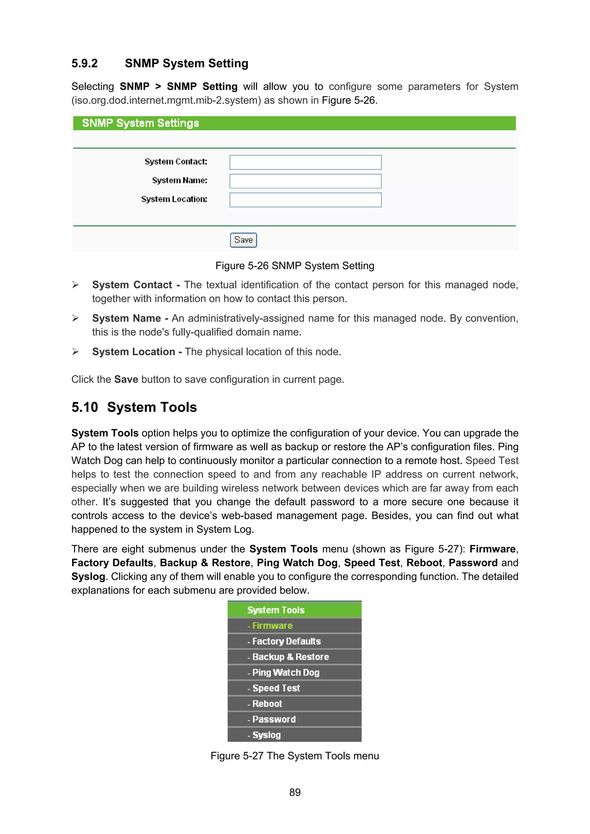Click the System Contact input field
click(x=305, y=162)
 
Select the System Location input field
click(x=305, y=200)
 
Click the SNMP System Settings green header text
click(x=140, y=123)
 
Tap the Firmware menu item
click(x=272, y=626)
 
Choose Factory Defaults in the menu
click(x=286, y=641)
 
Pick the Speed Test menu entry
click(x=276, y=688)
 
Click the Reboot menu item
click(x=267, y=704)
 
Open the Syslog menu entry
click(x=266, y=735)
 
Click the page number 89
click(x=295, y=792)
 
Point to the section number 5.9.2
click(x=84, y=64)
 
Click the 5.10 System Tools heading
click(x=134, y=407)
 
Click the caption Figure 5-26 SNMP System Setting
click(x=294, y=266)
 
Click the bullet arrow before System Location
click(x=75, y=352)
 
